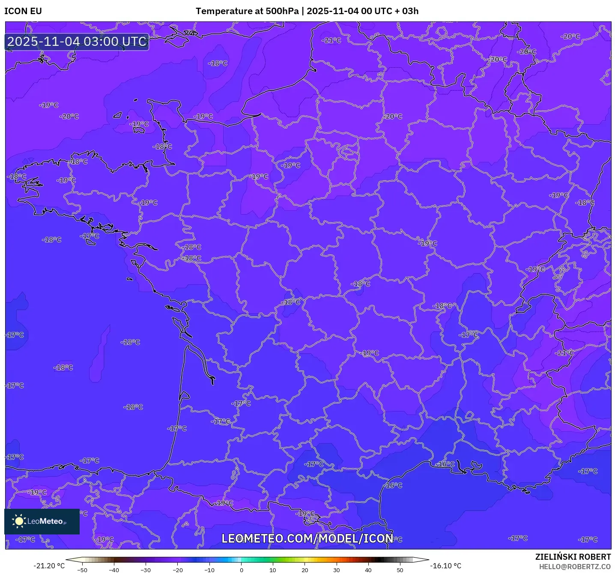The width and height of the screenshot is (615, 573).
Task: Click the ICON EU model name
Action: pos(23,11)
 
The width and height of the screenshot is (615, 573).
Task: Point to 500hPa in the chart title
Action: pos(282,11)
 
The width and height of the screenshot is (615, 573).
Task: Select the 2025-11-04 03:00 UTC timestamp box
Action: pos(77,42)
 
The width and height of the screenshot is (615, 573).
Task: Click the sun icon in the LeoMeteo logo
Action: pos(19,521)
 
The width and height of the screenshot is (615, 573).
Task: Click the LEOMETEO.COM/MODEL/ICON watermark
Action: pos(307,538)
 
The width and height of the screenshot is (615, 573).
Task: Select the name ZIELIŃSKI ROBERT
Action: pos(573,557)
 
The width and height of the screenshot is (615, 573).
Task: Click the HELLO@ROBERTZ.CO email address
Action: pos(574,567)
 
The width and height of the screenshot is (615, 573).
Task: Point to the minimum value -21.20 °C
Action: pos(49,566)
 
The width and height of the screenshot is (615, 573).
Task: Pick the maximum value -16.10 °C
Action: pos(446,566)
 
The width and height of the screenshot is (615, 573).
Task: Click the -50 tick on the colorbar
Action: pos(82,570)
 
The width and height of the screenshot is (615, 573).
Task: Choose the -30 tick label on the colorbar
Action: pos(146,570)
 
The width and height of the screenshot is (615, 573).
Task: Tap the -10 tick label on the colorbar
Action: pos(209,570)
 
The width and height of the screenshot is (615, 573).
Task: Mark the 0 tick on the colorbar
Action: pos(241,570)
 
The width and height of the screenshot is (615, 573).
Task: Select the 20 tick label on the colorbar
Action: pos(305,570)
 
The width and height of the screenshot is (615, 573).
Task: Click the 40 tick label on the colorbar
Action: pos(368,570)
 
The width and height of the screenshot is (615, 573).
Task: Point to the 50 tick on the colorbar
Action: pos(400,570)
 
